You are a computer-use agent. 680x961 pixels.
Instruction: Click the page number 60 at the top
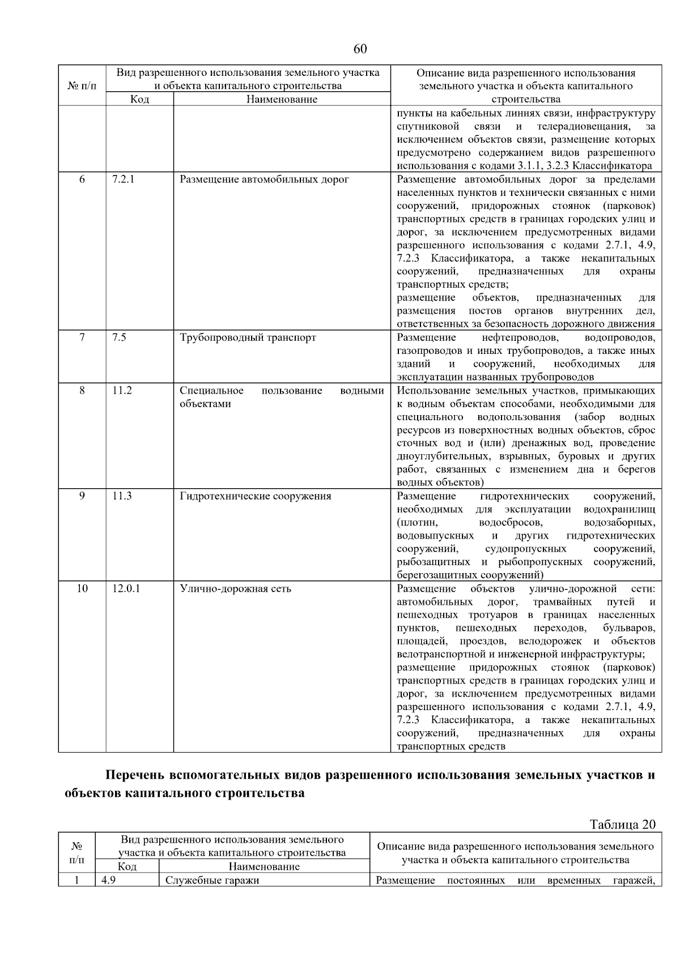click(360, 49)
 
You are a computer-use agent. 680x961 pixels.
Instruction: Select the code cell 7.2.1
click(123, 180)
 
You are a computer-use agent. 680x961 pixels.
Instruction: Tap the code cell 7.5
click(119, 338)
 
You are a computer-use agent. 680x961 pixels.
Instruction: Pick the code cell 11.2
click(122, 391)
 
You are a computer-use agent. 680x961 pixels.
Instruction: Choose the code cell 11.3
click(122, 496)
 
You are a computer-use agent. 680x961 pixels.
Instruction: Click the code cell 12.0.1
click(126, 588)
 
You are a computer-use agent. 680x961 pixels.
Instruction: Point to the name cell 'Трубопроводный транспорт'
click(248, 338)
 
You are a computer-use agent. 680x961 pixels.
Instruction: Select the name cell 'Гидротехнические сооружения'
click(255, 496)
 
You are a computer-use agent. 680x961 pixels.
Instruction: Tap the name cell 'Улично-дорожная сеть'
click(235, 588)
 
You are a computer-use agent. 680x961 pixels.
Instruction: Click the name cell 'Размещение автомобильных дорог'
click(264, 180)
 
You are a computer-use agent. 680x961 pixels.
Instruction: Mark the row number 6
click(82, 180)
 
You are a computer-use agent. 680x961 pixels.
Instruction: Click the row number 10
click(82, 588)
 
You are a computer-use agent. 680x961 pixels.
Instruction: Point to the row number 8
click(82, 391)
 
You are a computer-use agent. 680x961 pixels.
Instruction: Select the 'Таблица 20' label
click(622, 825)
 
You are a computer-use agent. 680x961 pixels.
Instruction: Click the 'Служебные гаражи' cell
click(212, 881)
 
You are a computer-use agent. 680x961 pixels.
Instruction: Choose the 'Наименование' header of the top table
click(282, 99)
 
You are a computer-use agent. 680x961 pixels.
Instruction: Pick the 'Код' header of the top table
click(139, 99)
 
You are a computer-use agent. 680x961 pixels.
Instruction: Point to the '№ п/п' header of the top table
click(82, 86)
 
